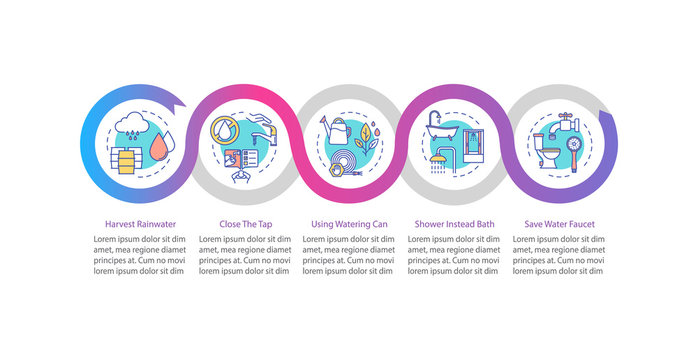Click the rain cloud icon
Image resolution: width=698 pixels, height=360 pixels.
click(x=133, y=126)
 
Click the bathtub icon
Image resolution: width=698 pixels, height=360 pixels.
click(x=440, y=126)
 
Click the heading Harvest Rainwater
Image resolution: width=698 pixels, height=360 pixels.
click(x=133, y=224)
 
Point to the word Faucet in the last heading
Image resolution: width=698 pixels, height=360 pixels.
click(x=580, y=224)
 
